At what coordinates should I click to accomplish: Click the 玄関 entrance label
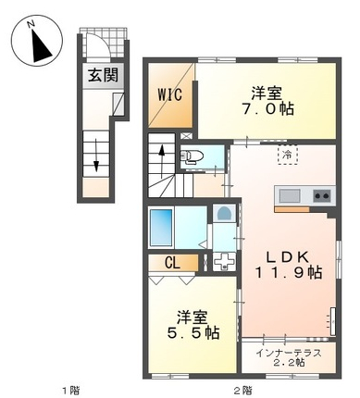click(104, 75)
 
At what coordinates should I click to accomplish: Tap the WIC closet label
click(170, 94)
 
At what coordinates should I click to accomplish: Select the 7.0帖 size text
click(267, 109)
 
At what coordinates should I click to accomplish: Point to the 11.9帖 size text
click(288, 272)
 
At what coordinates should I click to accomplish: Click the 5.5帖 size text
click(193, 333)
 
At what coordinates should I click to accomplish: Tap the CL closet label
click(172, 263)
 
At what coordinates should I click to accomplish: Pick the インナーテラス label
click(289, 353)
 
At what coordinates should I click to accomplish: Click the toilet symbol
click(192, 156)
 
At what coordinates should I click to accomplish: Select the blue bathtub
click(161, 228)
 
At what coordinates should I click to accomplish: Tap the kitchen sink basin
click(290, 195)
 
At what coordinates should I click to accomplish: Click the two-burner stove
click(322, 195)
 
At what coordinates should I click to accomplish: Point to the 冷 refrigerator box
click(288, 155)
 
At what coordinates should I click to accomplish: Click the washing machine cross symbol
click(224, 262)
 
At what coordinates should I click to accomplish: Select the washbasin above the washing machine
click(223, 214)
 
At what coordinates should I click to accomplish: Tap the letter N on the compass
click(31, 24)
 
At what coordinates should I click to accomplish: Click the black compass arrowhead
click(41, 46)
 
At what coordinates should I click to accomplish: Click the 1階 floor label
click(71, 391)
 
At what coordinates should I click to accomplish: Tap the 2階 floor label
click(242, 391)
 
